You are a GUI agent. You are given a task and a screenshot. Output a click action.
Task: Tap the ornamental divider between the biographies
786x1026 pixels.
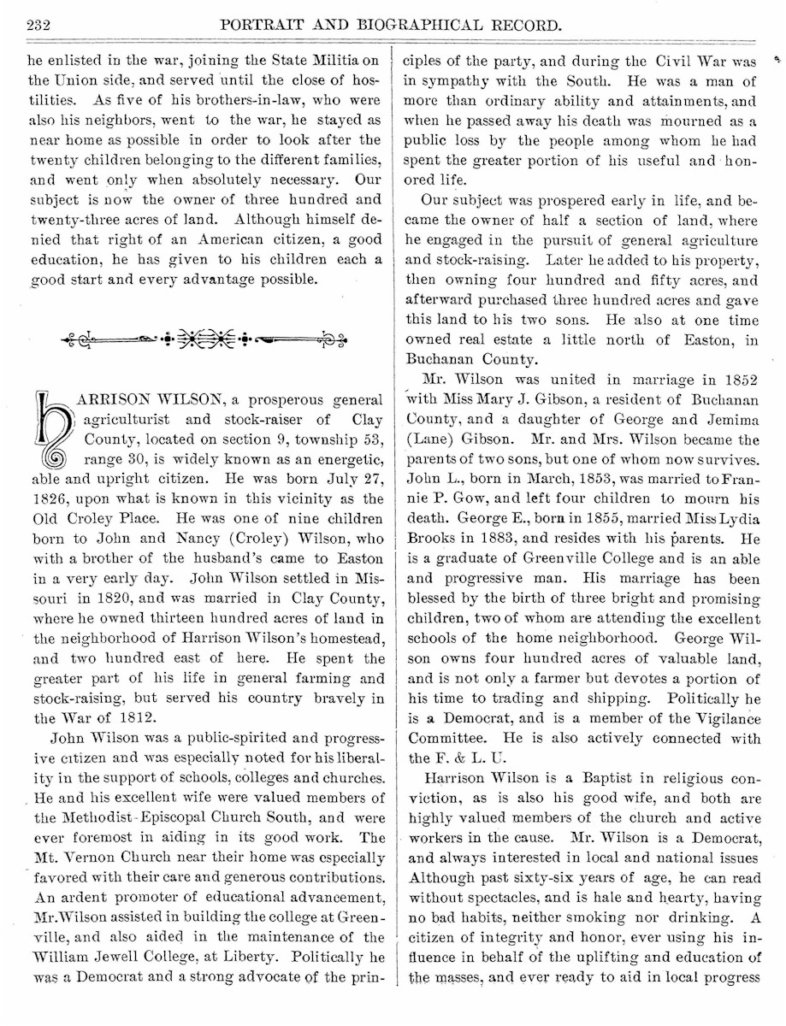[204, 340]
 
